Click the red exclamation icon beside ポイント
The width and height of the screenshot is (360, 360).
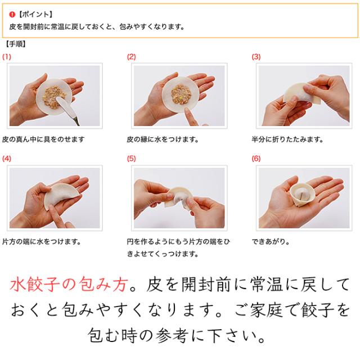[x=12, y=15]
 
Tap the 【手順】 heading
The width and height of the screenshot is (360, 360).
[x=15, y=44]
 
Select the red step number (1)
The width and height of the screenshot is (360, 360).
[x=7, y=57]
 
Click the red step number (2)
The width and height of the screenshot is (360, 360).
[x=131, y=57]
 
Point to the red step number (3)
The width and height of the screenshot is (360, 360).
[x=256, y=57]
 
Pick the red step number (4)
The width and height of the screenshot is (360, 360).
[x=7, y=159]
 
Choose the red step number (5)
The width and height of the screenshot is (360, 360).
[x=131, y=159]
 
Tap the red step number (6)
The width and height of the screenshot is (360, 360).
[x=256, y=159]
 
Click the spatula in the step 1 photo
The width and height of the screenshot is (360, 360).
[x=68, y=110]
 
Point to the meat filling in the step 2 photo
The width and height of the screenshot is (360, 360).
[x=181, y=94]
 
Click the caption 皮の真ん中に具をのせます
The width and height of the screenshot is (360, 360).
[x=43, y=139]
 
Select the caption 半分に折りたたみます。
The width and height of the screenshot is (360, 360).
[x=287, y=139]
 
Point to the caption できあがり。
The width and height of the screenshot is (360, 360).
[x=271, y=241]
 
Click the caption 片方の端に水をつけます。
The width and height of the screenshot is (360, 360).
[x=42, y=241]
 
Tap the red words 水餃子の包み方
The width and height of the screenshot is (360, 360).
[x=69, y=285]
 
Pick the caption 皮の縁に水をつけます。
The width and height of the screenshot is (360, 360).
[x=163, y=139]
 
